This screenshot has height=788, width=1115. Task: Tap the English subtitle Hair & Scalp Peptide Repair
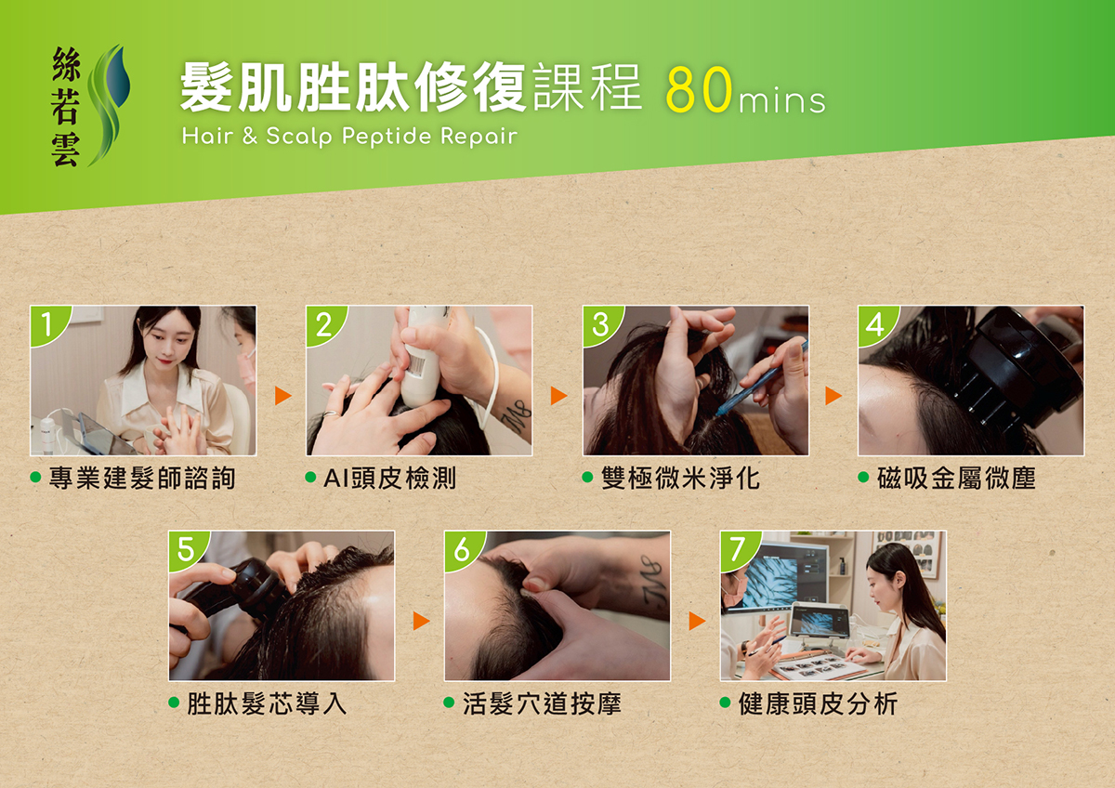(x=349, y=137)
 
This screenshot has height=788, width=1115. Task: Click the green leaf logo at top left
(x=109, y=104)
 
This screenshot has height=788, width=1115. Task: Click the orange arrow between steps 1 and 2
(x=282, y=395)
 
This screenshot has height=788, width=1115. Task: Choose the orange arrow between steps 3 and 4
(x=833, y=395)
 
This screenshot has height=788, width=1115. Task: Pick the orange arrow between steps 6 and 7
(x=697, y=621)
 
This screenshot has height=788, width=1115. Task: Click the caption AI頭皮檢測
(x=389, y=479)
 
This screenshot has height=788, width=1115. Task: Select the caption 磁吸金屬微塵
(x=956, y=479)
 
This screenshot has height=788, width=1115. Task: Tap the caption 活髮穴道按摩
(x=542, y=703)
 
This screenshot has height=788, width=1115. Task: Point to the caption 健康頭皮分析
(x=818, y=703)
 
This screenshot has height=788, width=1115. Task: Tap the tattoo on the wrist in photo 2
(x=518, y=417)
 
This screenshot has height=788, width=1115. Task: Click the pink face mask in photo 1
(x=247, y=369)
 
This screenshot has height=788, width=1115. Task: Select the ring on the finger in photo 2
(x=331, y=414)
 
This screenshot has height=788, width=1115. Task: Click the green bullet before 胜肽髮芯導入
(x=174, y=703)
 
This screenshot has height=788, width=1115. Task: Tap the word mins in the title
(x=782, y=100)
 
